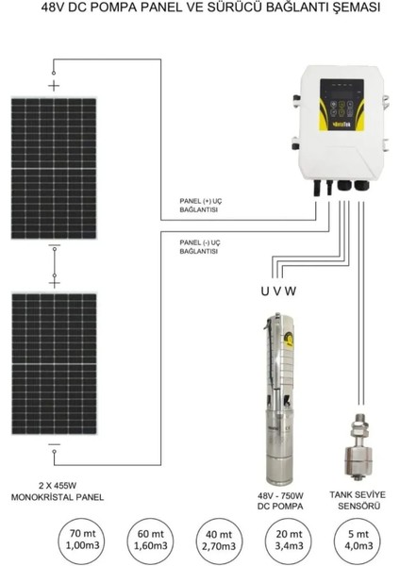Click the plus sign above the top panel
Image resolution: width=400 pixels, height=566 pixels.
point(53,83)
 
